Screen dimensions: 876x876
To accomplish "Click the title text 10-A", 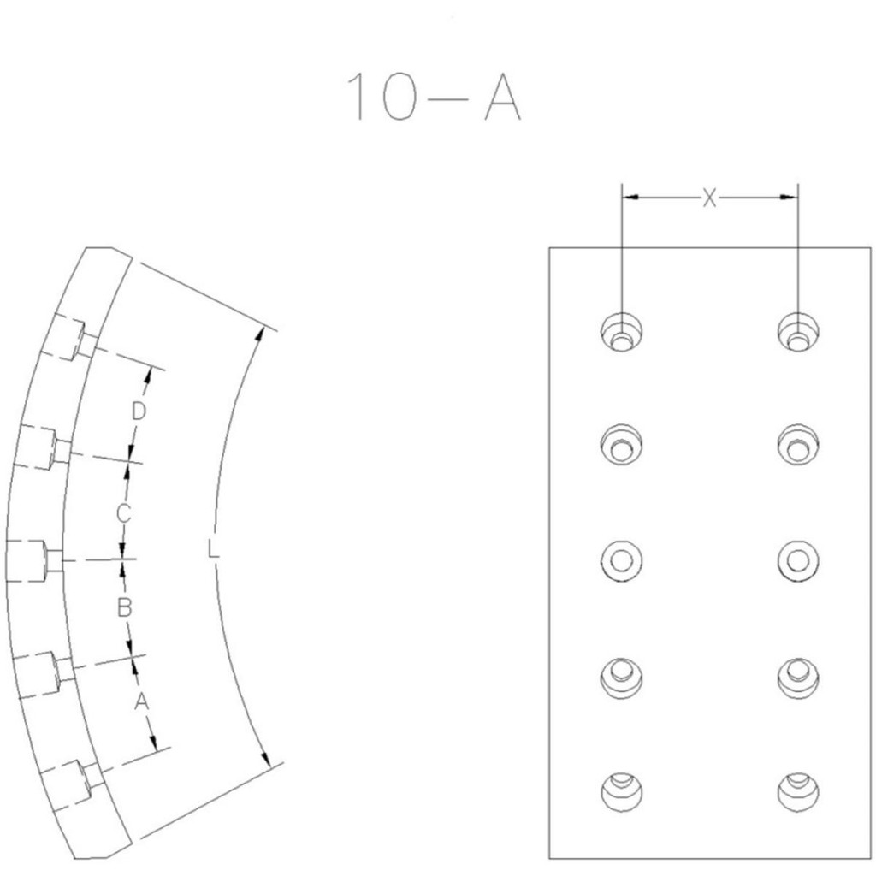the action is coord(434,97).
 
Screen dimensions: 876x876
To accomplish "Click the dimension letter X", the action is coord(709,198).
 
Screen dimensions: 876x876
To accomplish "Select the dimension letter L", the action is coord(213,548).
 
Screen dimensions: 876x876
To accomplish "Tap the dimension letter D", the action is coord(138,411).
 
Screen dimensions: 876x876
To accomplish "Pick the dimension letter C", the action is coord(123,513).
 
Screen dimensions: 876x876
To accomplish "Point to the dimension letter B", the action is coord(124,607).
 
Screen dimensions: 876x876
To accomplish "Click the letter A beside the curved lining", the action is coord(141,701).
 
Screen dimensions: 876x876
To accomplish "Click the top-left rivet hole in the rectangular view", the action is coord(622,331).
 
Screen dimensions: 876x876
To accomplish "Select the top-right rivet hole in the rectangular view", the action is coord(798,331).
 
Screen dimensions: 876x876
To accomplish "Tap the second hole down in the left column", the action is coord(622,445).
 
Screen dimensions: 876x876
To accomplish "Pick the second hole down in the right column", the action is coord(798,445).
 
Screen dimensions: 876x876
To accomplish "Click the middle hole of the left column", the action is coord(622,559).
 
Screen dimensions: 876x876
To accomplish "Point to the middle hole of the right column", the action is coord(798,559).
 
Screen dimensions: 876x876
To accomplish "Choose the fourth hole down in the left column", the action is coord(622,678).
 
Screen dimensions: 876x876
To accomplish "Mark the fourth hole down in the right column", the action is coord(798,678).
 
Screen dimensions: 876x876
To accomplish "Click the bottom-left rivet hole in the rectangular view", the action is coord(622,792).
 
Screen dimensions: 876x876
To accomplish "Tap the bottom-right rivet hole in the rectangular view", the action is coord(798,792).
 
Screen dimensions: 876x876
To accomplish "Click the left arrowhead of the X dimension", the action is coord(630,198).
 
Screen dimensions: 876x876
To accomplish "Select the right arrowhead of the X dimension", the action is coord(789,198).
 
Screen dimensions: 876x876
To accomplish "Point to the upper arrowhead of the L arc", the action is coord(257,335).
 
